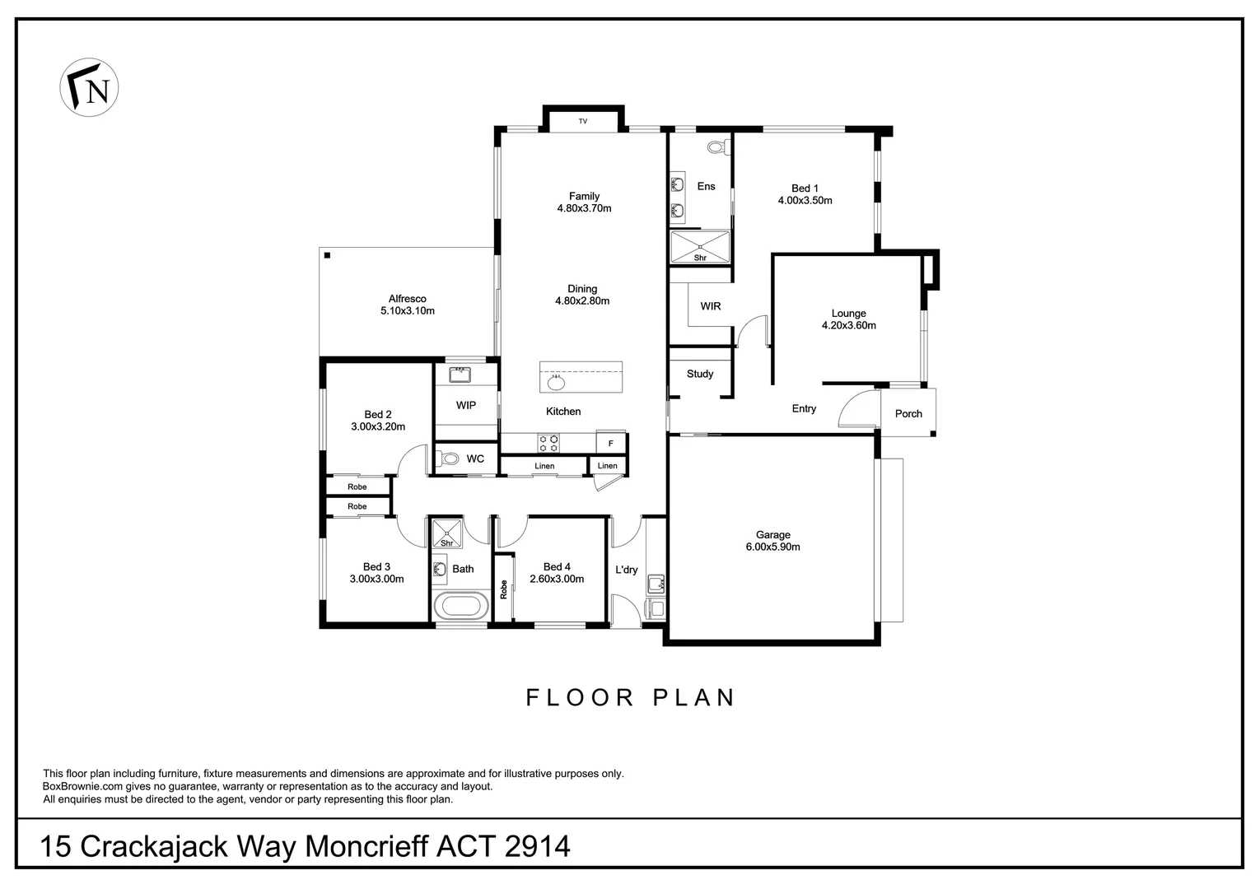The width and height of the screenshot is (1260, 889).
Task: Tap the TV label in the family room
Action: click(583, 122)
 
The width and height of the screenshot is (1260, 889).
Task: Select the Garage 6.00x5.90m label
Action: click(772, 541)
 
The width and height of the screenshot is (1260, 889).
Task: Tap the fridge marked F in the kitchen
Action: click(611, 443)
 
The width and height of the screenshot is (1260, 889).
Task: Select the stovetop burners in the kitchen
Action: click(548, 444)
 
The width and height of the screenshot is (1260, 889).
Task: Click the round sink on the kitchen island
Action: click(557, 382)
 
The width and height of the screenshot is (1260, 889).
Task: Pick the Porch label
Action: click(908, 414)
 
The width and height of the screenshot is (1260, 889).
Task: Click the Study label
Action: click(700, 374)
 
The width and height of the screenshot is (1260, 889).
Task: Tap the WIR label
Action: click(711, 306)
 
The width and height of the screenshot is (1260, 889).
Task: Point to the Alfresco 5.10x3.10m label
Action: click(407, 305)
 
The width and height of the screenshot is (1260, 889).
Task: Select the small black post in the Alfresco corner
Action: click(327, 255)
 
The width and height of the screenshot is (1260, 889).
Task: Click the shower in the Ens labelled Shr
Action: click(699, 246)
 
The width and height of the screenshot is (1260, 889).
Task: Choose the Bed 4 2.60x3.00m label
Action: click(557, 573)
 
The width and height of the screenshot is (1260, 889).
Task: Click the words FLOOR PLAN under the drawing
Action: click(631, 698)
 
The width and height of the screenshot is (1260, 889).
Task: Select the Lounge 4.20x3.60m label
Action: click(848, 319)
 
